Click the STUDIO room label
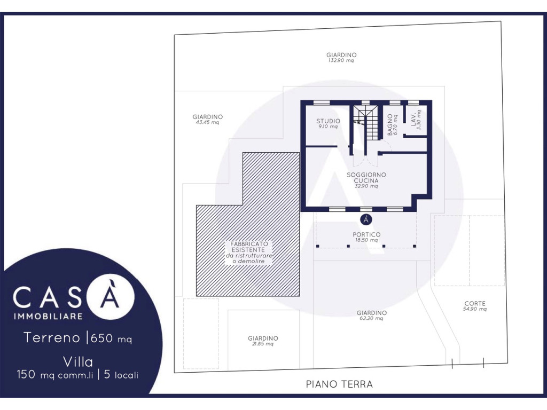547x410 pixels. pos(328,121)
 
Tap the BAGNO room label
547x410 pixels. pos(390,125)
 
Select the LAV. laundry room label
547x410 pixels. pos(414,120)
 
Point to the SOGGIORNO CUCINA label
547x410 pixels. pos(366,177)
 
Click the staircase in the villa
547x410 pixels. pos(365,123)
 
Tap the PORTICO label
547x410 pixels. pos(366,235)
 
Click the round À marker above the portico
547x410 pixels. pos(366,219)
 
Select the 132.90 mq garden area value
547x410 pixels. pos(341,60)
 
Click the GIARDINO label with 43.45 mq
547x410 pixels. pos(208,117)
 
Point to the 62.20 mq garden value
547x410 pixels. pos(371,318)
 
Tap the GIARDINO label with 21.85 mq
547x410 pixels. pos(263,338)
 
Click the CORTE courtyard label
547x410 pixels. pos(475,303)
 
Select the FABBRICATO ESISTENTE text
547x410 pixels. pos(249,247)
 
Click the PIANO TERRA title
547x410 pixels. pos(339,384)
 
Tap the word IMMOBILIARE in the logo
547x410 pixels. pos(48,316)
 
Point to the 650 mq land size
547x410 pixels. pos(111,338)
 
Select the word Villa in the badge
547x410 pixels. pos(78,362)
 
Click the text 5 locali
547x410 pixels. pos(121,375)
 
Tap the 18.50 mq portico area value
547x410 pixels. pos(366,240)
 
